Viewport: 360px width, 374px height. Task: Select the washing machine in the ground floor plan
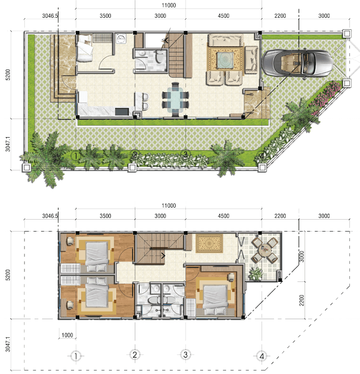[121, 39]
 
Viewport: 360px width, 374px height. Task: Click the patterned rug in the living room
[225, 58]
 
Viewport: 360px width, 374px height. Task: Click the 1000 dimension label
[67, 335]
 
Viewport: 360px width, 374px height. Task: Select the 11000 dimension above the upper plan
[169, 5]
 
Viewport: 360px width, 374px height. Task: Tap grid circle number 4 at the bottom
[262, 356]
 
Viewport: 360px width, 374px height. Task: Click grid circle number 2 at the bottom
[135, 355]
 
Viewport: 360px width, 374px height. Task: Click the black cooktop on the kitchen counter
[122, 112]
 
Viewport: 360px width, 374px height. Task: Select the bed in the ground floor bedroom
[84, 48]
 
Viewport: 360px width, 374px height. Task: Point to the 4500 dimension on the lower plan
[224, 216]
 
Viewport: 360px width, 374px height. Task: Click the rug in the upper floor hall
[209, 243]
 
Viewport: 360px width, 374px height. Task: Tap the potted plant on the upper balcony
[255, 273]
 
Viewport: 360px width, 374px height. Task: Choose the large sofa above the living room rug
[226, 40]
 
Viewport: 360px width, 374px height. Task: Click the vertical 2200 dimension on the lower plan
[302, 300]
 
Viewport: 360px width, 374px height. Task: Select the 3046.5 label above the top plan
[50, 16]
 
